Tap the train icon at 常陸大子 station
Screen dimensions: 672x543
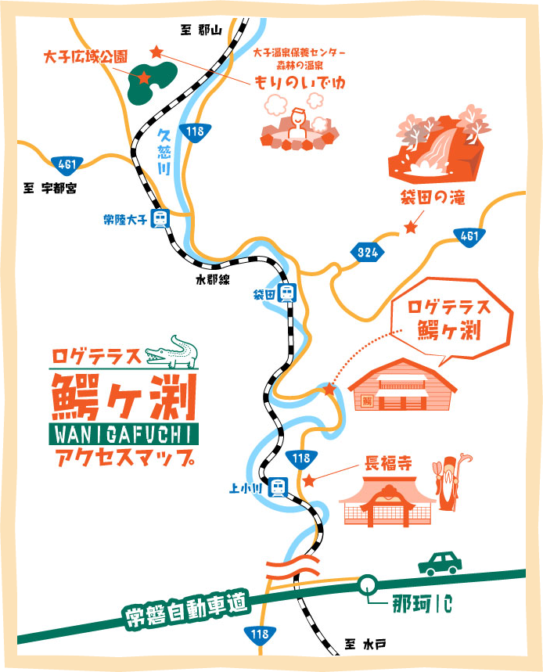pyautogui.click(x=160, y=219)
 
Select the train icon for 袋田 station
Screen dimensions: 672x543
pyautogui.click(x=287, y=294)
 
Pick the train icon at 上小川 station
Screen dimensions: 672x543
pyautogui.click(x=278, y=488)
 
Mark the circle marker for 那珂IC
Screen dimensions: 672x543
pyautogui.click(x=366, y=584)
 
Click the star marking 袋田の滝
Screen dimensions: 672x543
pyautogui.click(x=410, y=228)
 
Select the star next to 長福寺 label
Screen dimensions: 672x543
pyautogui.click(x=310, y=481)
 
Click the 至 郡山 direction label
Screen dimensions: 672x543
pyautogui.click(x=202, y=30)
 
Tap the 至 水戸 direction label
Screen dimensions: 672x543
pyautogui.click(x=367, y=645)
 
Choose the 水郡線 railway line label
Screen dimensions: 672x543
pyautogui.click(x=213, y=279)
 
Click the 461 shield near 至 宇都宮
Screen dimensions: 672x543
pyautogui.click(x=66, y=164)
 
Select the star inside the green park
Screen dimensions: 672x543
pyautogui.click(x=144, y=77)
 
